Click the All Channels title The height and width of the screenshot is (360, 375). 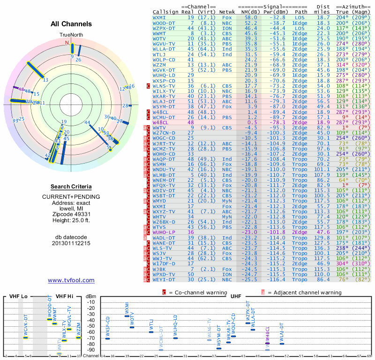(x=71, y=24)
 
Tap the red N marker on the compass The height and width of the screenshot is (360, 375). (x=67, y=43)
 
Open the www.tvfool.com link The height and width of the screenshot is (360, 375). (x=71, y=280)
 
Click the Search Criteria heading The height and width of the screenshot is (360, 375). (x=71, y=187)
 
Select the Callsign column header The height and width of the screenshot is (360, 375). (x=165, y=12)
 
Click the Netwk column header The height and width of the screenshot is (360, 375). (x=227, y=12)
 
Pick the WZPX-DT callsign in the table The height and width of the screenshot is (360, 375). (x=164, y=28)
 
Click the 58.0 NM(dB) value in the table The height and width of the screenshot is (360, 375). (x=250, y=17)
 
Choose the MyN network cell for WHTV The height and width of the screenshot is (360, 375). (x=227, y=217)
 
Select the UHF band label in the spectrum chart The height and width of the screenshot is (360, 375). (x=236, y=296)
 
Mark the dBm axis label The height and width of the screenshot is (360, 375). (x=91, y=296)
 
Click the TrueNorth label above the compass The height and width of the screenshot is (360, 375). (x=71, y=35)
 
